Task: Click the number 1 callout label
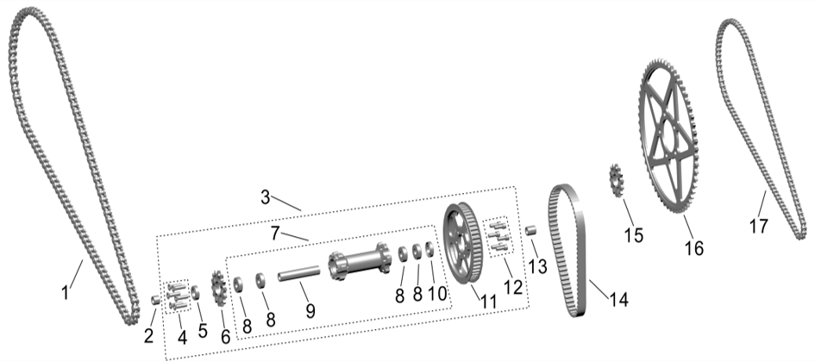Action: coord(66,293)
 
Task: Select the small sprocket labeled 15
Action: coord(617,182)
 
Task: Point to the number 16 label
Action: coord(693,248)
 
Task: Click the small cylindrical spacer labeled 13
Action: coord(532,230)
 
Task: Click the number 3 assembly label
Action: coord(268,197)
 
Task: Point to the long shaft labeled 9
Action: coord(299,275)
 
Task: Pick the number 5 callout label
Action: coord(202,330)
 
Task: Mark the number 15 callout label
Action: coord(633,235)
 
